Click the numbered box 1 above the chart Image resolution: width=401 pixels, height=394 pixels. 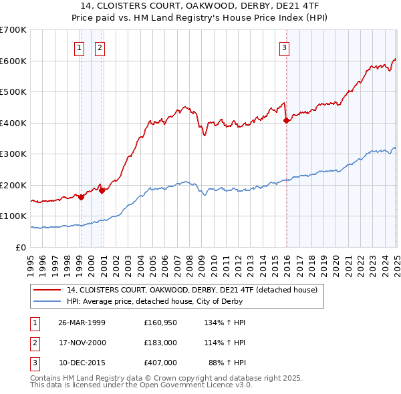pyautogui.click(x=80, y=47)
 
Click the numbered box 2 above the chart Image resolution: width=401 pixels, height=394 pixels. pyautogui.click(x=100, y=47)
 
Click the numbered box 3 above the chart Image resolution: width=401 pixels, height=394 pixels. pyautogui.click(x=284, y=47)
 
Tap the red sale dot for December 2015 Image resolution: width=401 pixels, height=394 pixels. pyautogui.click(x=286, y=120)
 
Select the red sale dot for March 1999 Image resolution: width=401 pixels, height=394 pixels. pyautogui.click(x=81, y=197)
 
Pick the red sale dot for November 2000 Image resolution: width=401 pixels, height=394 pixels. pyautogui.click(x=102, y=190)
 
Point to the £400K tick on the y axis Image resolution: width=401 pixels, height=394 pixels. pyautogui.click(x=13, y=123)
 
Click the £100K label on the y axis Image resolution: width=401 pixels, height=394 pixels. pyautogui.click(x=13, y=216)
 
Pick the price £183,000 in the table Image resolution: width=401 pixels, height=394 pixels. pyautogui.click(x=160, y=343)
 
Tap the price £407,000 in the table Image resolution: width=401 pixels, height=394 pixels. pyautogui.click(x=160, y=363)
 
